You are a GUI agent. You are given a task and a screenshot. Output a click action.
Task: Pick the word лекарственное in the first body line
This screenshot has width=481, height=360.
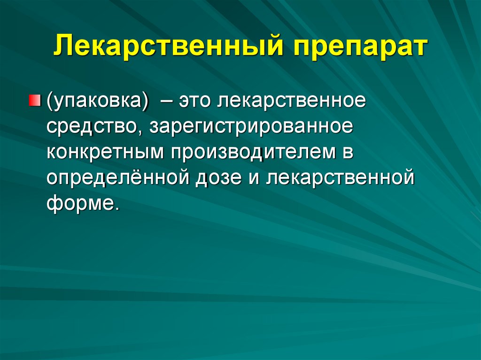pos(292,101)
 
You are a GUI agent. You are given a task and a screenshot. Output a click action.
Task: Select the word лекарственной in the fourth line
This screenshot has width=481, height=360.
pos(341,178)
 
